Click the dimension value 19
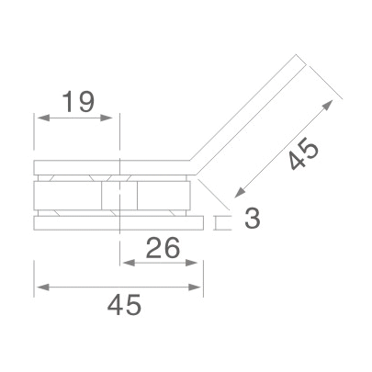click(79, 102)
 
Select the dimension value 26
click(161, 248)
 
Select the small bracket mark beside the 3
click(220, 222)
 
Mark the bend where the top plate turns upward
click(195, 169)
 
